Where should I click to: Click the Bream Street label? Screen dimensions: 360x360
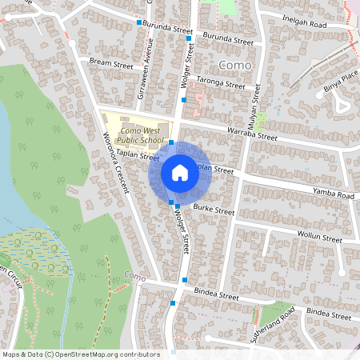(111, 61)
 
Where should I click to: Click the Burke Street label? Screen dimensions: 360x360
(214, 211)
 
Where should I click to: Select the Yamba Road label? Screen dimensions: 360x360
(334, 194)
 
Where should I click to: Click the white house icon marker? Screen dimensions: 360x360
(180, 172)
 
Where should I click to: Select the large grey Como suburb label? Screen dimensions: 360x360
(234, 63)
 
